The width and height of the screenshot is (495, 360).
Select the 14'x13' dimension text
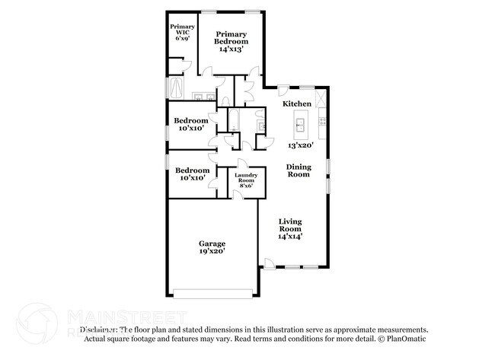[x=230, y=48]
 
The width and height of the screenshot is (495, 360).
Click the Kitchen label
[x=296, y=104]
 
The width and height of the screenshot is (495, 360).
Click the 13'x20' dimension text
[x=301, y=145]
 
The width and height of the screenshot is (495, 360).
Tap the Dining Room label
[x=298, y=170]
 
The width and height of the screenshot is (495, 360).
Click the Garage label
[x=212, y=244]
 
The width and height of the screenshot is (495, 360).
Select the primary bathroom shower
[x=175, y=88]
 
